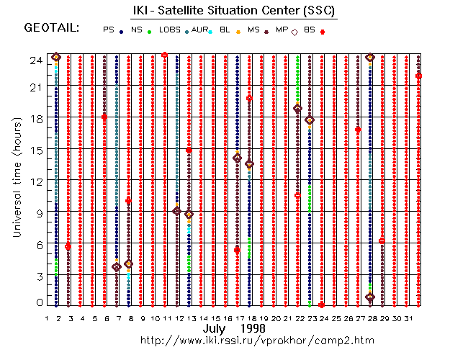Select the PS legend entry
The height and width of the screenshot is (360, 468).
[109, 30]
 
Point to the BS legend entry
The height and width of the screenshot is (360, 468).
[310, 30]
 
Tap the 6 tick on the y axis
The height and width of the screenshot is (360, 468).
[37, 244]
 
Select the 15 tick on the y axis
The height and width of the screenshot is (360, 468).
[34, 150]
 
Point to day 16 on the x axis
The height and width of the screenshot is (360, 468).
[228, 318]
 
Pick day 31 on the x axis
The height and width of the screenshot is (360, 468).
[408, 318]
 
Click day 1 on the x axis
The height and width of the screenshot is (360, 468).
[47, 318]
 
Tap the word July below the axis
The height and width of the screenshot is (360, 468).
[214, 328]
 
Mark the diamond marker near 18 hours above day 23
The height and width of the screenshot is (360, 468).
[310, 120]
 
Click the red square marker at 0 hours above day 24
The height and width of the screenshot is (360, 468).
[321, 305]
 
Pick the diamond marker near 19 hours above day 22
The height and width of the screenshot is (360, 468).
[297, 109]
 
